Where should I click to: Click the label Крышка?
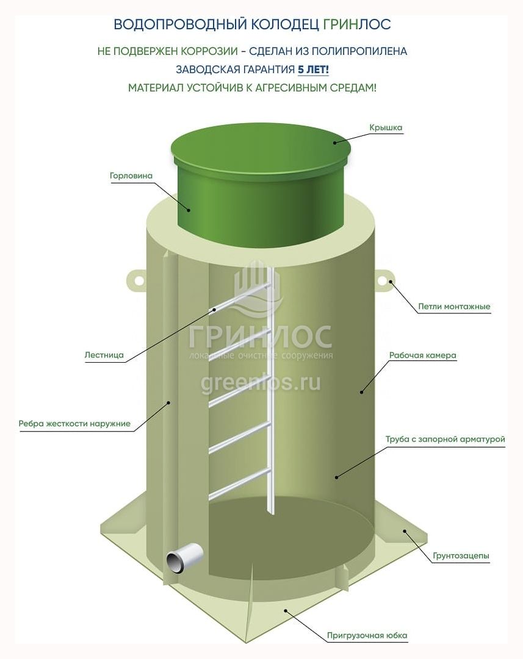click(x=386, y=127)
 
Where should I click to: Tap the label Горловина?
click(x=131, y=176)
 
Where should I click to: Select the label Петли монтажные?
click(x=454, y=307)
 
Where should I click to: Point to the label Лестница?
click(x=104, y=355)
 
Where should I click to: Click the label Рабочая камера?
click(x=422, y=355)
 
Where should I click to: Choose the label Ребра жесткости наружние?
click(x=74, y=423)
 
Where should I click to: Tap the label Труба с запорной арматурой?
click(x=445, y=439)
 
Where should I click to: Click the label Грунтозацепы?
click(x=461, y=555)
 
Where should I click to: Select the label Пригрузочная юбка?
click(x=367, y=635)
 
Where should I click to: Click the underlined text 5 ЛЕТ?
click(x=313, y=69)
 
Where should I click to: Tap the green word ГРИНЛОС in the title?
click(x=357, y=24)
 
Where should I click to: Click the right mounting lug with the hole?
click(x=383, y=280)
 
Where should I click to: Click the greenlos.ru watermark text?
click(x=261, y=383)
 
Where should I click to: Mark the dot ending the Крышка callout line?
click(x=336, y=143)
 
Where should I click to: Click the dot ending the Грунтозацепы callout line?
click(x=405, y=531)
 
